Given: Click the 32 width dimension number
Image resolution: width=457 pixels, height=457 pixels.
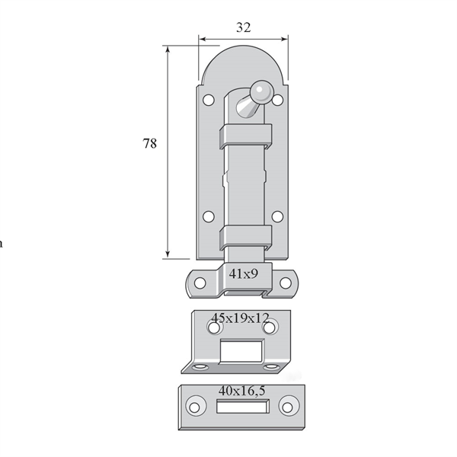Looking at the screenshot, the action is click(244, 27).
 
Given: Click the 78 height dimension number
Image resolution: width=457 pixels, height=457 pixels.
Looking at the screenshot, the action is click(149, 143).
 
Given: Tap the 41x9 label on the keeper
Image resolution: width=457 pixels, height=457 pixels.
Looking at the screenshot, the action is click(244, 273).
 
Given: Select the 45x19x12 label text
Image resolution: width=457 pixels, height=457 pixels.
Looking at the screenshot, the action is click(240, 318).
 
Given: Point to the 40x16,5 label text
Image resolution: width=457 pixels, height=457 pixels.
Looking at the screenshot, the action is click(242, 391).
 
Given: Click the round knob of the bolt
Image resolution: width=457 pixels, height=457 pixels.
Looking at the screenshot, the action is click(261, 91).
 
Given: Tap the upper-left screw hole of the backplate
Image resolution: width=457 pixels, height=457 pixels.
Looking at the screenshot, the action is click(209, 100).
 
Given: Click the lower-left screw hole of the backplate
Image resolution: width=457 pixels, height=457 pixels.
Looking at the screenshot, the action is click(209, 216).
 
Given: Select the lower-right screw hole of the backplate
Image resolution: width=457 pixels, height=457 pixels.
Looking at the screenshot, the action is click(277, 216).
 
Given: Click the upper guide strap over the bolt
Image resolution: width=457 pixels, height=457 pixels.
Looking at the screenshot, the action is click(246, 136).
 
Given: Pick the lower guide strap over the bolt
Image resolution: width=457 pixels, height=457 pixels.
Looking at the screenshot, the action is click(246, 238).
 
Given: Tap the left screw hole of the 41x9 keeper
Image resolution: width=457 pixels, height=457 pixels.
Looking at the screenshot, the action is click(200, 283).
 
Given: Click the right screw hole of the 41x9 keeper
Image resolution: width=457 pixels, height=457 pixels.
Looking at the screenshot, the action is click(286, 283).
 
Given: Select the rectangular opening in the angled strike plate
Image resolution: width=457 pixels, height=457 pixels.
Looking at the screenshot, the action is click(241, 351).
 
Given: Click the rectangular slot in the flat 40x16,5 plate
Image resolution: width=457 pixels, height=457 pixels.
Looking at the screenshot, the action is click(242, 406).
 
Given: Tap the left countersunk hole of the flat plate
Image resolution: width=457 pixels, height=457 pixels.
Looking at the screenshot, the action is click(195, 407).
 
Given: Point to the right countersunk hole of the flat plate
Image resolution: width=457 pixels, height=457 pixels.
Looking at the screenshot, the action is click(288, 407).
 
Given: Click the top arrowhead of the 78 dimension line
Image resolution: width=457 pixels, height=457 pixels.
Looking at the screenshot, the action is click(168, 50).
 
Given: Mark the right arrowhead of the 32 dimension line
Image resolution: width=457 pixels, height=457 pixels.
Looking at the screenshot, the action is click(284, 39).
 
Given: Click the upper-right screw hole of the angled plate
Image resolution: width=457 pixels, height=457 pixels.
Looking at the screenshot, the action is click(270, 328).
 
